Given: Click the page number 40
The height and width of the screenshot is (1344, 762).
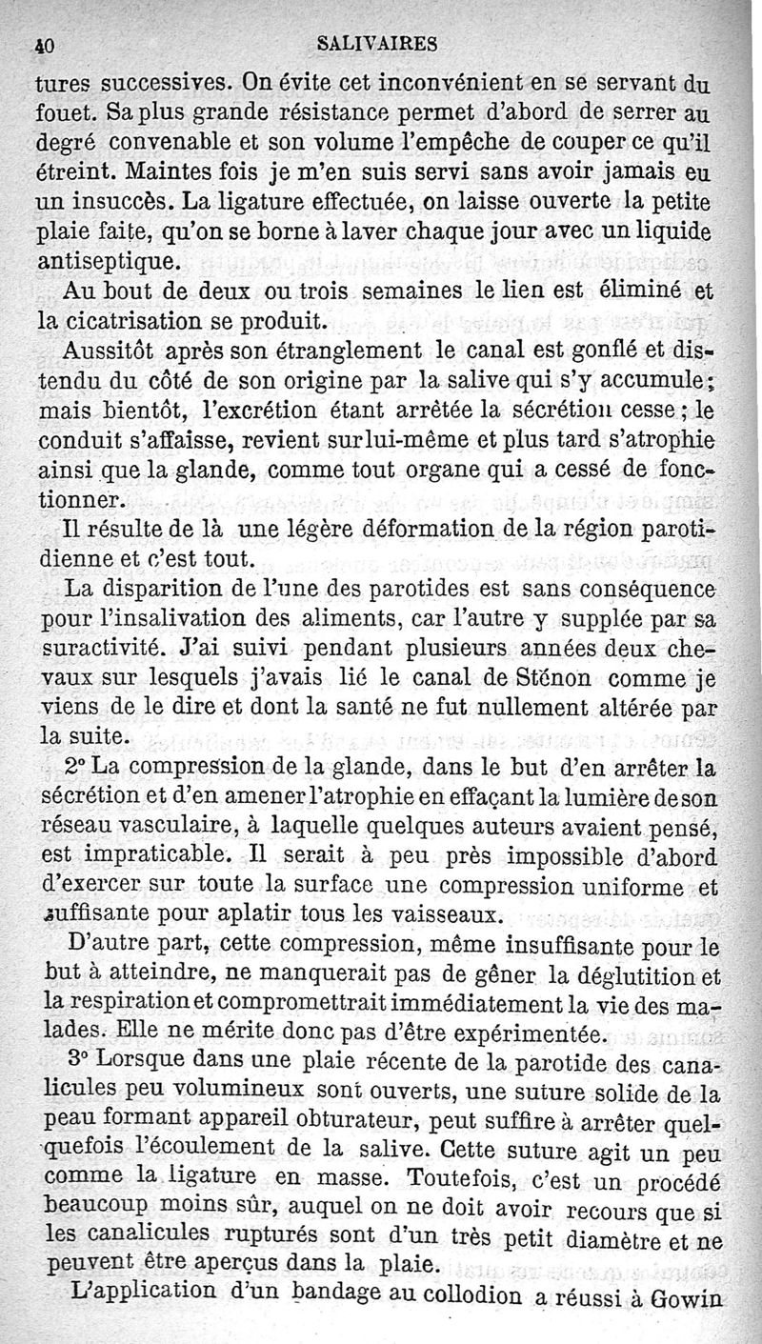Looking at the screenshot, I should coord(42,43).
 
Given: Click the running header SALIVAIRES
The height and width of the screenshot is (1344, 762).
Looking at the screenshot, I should coord(377,43).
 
